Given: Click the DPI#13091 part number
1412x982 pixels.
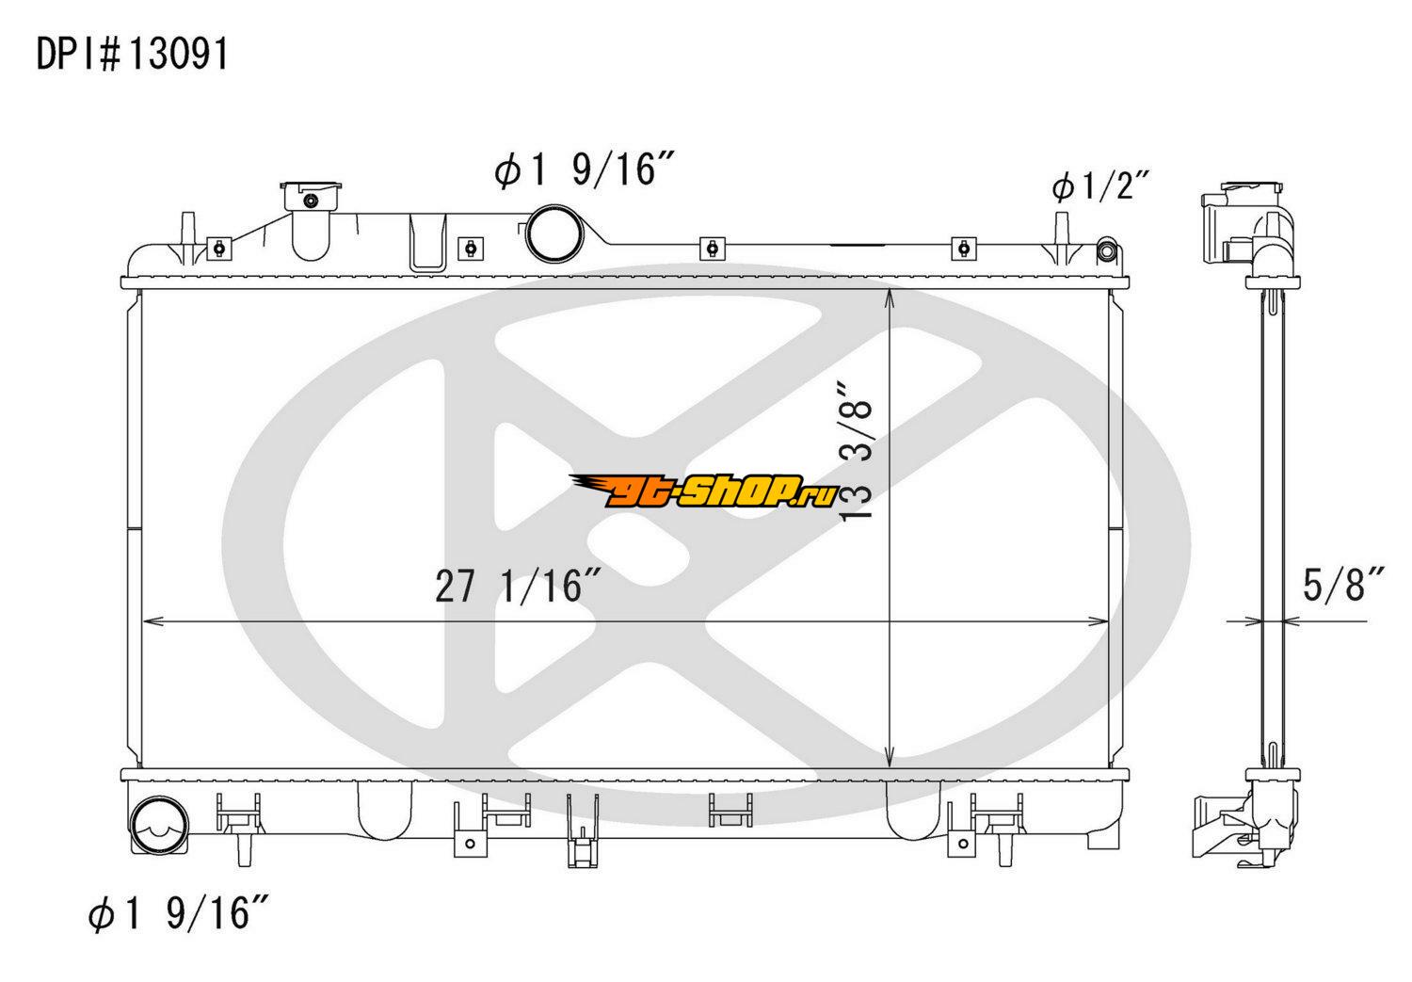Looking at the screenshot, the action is pos(133,54).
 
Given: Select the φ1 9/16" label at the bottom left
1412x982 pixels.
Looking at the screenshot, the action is pos(179,913).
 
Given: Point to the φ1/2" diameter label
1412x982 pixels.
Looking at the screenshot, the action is pos(1100,186).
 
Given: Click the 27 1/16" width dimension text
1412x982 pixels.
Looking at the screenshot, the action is pos(517,586).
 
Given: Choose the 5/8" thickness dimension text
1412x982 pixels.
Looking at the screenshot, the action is pos(1342,585).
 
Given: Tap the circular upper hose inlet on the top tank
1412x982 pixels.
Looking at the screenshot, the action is pos(554,233).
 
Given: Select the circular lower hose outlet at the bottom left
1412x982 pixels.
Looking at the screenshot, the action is pos(159,826).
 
